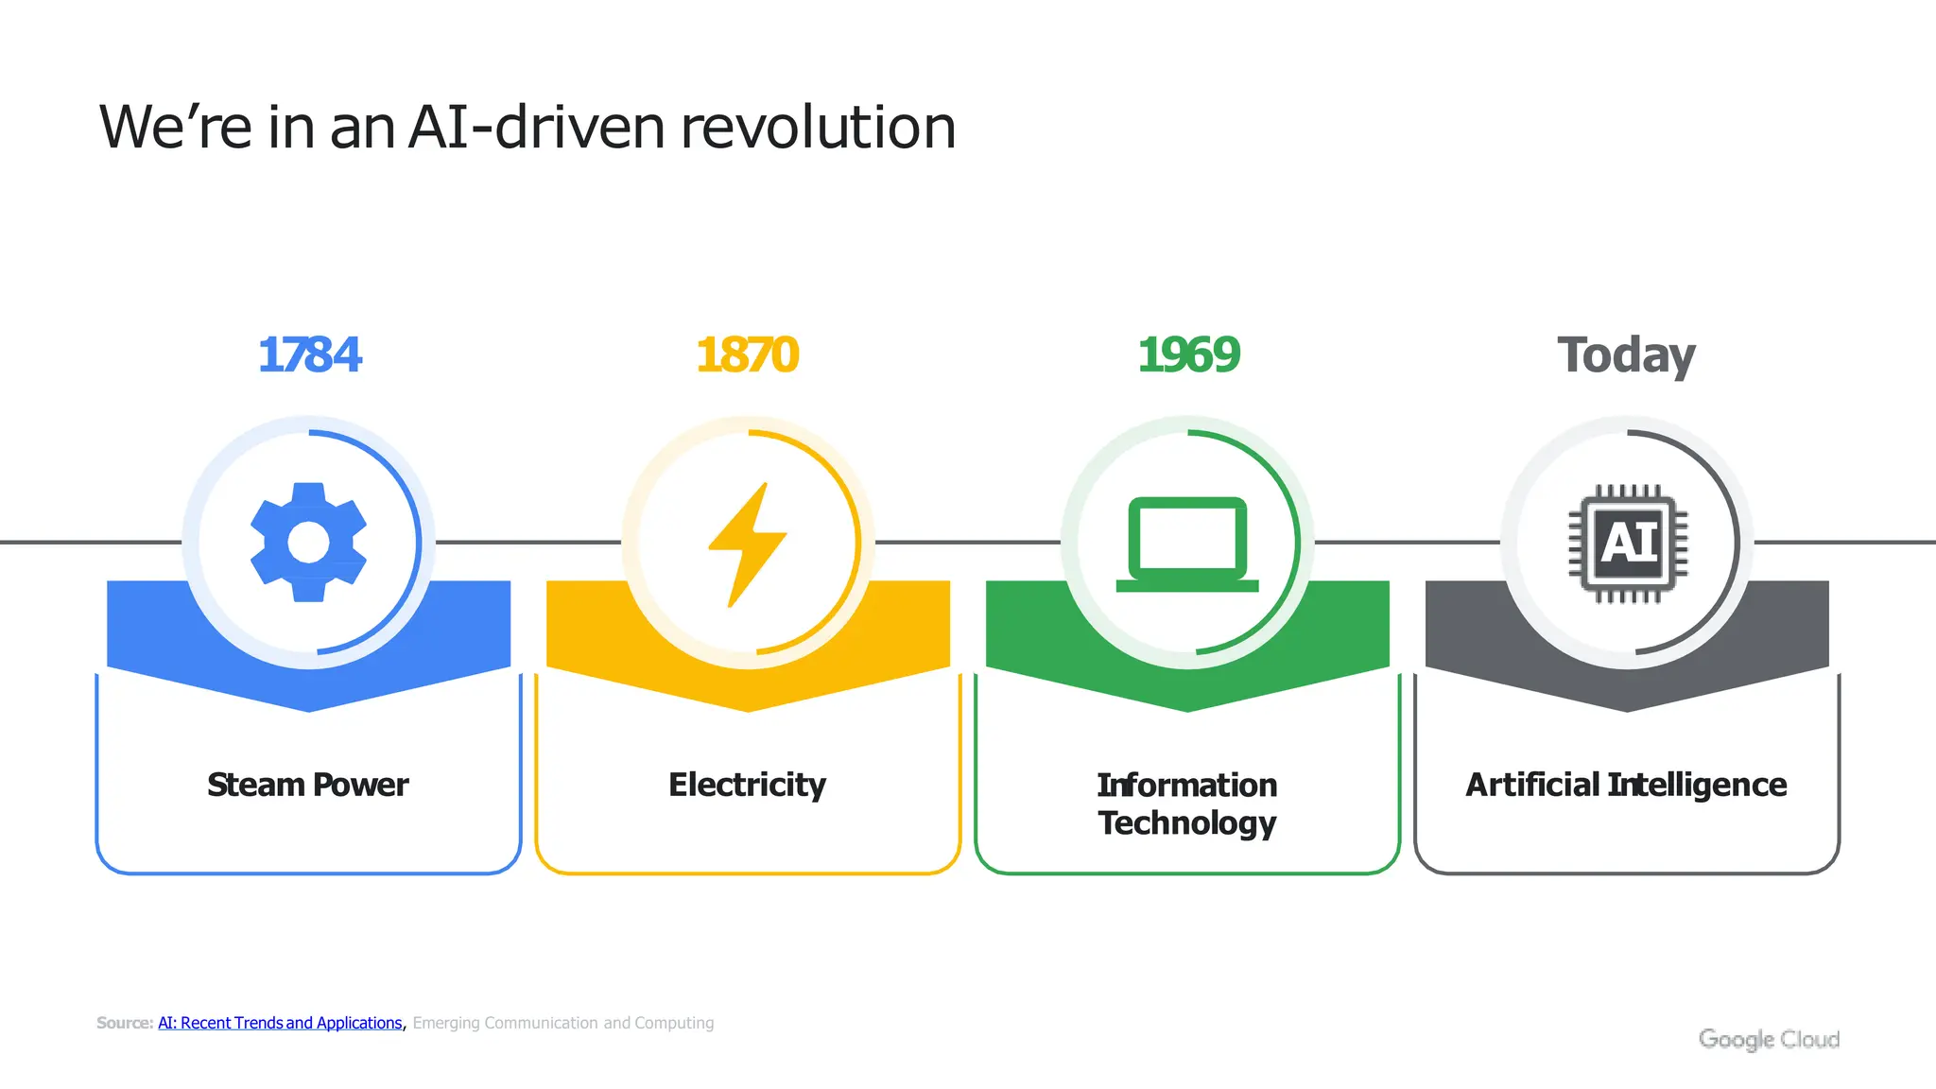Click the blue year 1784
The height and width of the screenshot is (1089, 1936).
(309, 355)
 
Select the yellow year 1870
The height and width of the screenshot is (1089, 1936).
(747, 355)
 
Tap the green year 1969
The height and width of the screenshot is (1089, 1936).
(1188, 355)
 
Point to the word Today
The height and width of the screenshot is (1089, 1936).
(1626, 356)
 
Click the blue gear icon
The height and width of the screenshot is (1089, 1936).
(308, 543)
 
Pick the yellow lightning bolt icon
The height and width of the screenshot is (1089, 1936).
(747, 544)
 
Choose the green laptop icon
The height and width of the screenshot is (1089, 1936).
(1187, 544)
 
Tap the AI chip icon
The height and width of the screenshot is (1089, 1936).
(1627, 544)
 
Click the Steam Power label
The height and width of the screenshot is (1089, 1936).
(308, 785)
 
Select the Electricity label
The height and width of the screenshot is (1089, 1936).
(747, 785)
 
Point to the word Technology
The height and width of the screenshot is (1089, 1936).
(1187, 822)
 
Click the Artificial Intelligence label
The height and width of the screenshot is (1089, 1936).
(1626, 785)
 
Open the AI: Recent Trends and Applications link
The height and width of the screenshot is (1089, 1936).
(280, 1023)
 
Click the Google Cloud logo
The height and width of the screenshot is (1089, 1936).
(1769, 1039)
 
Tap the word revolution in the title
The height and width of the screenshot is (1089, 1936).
(818, 128)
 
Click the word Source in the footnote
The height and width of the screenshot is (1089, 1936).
(123, 1023)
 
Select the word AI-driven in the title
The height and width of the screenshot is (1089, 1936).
(537, 128)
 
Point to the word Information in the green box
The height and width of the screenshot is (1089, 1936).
(1187, 785)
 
